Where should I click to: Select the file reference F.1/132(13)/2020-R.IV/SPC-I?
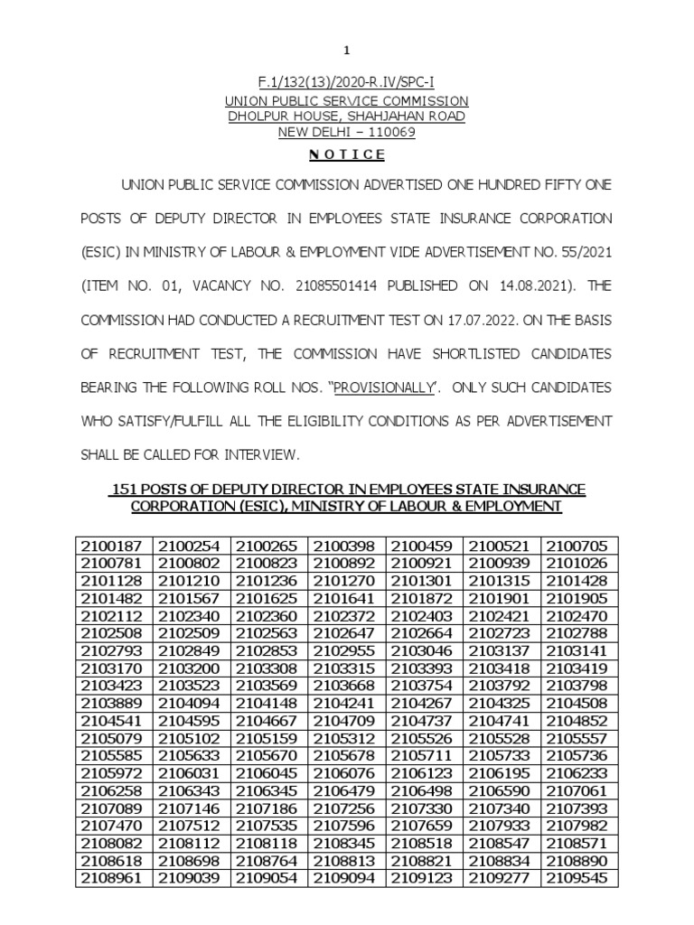tap(346, 85)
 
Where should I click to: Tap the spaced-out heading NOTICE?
tap(346, 154)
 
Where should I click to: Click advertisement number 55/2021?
tap(581, 252)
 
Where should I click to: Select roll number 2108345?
tap(347, 842)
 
